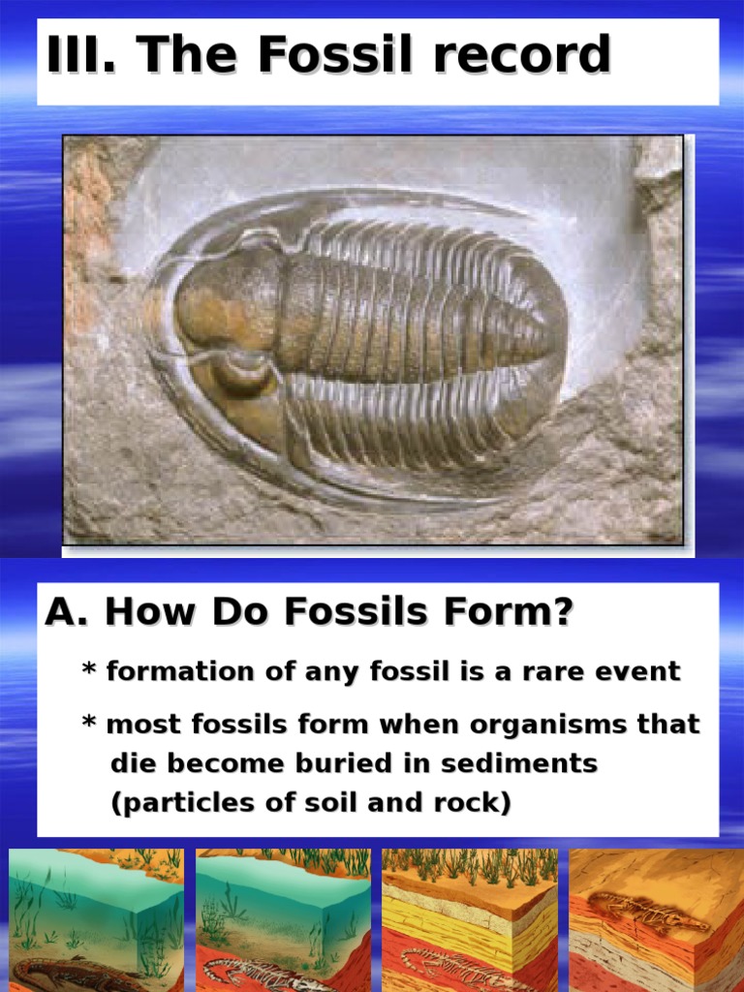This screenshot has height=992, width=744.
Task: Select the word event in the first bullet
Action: [x=639, y=671]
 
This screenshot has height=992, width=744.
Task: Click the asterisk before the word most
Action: [x=89, y=723]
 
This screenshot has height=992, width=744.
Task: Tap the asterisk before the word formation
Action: [x=89, y=669]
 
